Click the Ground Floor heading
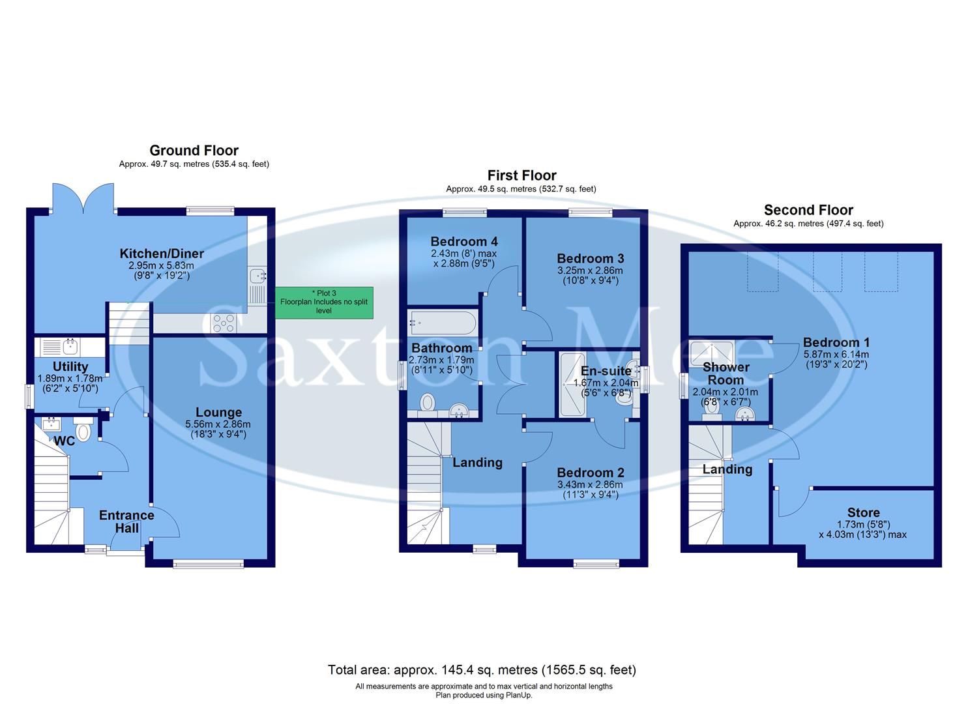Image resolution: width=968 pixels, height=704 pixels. (x=194, y=151)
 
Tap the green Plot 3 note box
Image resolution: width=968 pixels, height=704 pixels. (x=324, y=302)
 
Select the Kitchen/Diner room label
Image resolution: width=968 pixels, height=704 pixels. (x=162, y=254)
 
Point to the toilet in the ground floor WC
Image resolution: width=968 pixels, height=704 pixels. (x=83, y=430)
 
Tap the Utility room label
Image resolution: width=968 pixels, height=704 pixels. (x=70, y=367)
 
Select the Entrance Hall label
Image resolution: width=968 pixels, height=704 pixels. (x=126, y=521)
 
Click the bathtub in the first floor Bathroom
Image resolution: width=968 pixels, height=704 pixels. (x=443, y=322)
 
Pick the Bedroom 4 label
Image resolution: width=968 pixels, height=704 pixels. (x=463, y=241)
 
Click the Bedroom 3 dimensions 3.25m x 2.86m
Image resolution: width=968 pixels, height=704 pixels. (x=590, y=271)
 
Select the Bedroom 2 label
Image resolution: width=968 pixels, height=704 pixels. (x=590, y=473)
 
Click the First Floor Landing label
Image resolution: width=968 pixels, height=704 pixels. (x=477, y=462)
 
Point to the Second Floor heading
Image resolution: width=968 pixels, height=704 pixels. (x=808, y=210)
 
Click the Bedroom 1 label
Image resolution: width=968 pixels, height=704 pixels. (x=836, y=342)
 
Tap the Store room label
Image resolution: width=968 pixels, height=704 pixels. (x=863, y=512)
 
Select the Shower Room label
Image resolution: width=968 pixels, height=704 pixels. (x=726, y=374)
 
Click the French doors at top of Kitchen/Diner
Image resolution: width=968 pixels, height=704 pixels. (x=83, y=199)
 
